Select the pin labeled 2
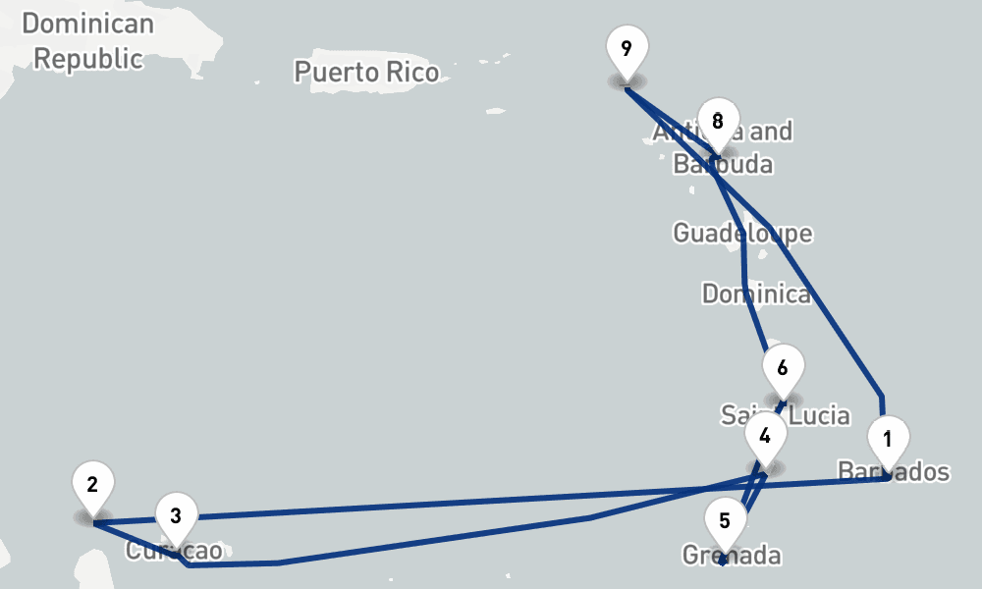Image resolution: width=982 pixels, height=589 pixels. click(92, 484)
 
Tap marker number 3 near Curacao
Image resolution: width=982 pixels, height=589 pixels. click(176, 515)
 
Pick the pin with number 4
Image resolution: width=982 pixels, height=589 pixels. click(765, 433)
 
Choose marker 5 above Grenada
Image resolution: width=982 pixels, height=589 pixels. click(725, 520)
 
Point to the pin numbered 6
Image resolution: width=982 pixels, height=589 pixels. click(783, 368)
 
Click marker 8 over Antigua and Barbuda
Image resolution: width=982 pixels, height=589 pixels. click(718, 122)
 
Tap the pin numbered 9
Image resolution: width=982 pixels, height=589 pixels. click(627, 47)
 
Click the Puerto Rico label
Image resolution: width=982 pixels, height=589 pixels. click(366, 72)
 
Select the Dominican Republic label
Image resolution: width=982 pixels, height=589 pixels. click(87, 41)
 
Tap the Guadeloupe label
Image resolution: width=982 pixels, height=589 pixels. click(742, 234)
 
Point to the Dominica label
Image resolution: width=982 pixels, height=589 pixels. click(756, 294)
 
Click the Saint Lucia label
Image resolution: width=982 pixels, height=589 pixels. click(786, 415)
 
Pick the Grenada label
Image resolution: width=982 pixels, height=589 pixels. click(733, 556)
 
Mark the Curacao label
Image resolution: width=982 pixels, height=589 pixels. click(174, 551)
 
